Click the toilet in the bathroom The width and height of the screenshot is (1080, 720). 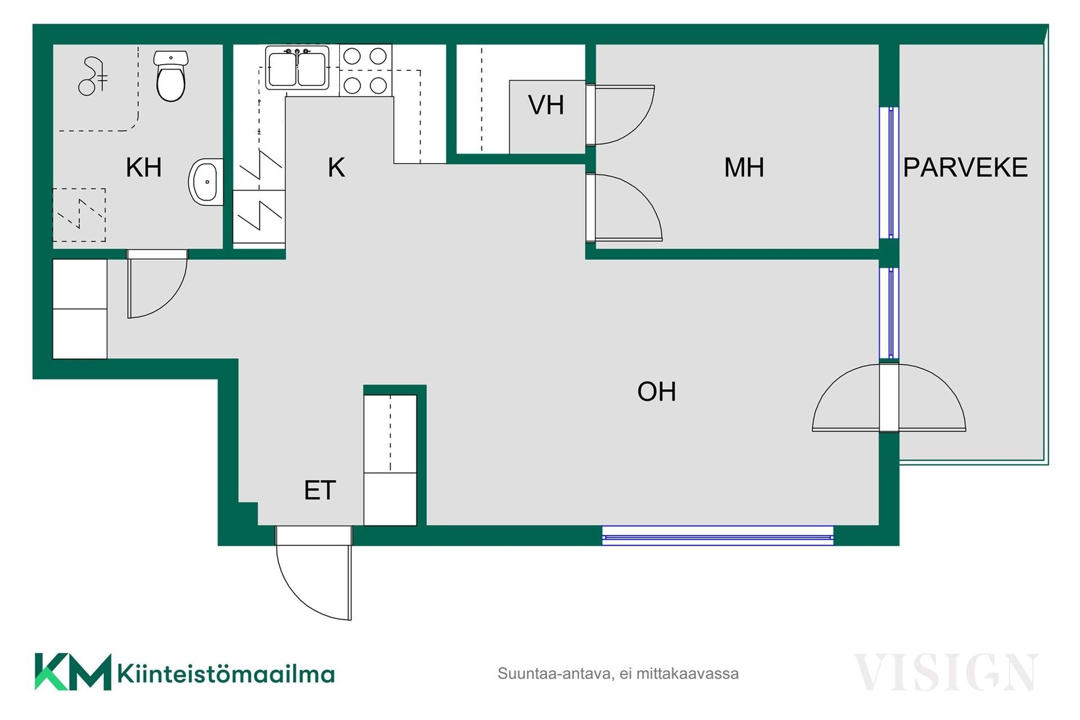click(171, 76)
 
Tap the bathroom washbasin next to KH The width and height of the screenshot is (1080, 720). click(206, 182)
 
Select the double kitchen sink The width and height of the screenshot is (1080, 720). click(297, 67)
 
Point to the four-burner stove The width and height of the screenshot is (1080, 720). click(366, 70)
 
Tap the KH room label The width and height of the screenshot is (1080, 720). click(143, 168)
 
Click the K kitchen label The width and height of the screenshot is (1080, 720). click(336, 168)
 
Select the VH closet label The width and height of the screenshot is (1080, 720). click(546, 105)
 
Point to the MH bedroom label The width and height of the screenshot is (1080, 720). click(744, 168)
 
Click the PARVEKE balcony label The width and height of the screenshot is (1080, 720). click(965, 168)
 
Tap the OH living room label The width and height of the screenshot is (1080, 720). click(656, 391)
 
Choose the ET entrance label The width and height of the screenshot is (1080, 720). click(319, 490)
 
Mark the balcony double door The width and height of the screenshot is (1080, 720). click(889, 398)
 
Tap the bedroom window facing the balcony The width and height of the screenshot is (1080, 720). click(889, 172)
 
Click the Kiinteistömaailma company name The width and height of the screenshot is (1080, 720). click(226, 673)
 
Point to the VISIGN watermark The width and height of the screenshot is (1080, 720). click(946, 672)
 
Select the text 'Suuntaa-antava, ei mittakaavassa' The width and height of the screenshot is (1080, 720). click(618, 673)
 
